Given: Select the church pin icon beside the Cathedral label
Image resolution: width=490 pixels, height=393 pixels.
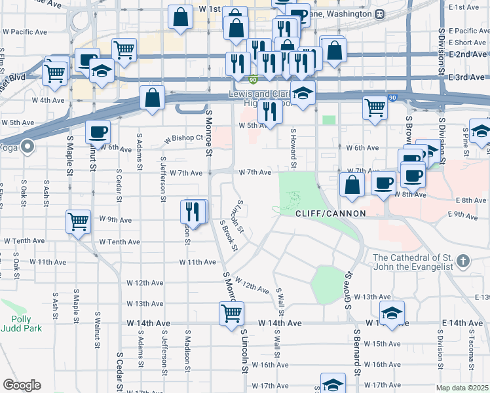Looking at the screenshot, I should click(463, 262).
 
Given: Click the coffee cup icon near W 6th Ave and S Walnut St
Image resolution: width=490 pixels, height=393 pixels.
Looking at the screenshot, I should click(98, 131).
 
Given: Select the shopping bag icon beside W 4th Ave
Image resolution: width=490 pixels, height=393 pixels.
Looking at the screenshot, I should click(152, 98).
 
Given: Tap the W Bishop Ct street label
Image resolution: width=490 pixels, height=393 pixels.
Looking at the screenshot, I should click(183, 139).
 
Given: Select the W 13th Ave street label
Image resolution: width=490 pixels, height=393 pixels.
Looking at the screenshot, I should click(145, 304).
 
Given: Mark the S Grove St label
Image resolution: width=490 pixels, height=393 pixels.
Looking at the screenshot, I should click(349, 290).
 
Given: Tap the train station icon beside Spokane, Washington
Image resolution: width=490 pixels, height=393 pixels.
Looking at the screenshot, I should click(379, 14).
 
